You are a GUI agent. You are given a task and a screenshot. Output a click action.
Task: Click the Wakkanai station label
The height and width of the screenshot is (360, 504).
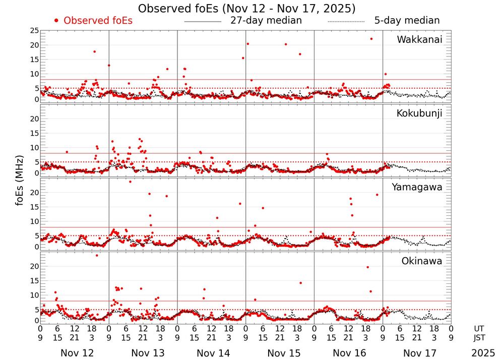tap(419, 40)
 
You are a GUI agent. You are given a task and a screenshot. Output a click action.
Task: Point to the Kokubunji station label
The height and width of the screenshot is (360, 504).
tap(418, 113)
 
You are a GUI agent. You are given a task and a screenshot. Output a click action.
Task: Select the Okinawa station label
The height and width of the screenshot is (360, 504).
tap(421, 261)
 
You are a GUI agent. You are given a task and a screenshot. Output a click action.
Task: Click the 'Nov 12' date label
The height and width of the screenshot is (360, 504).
tap(77, 353)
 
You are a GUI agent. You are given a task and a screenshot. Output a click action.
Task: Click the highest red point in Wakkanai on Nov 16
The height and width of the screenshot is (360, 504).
tap(371, 39)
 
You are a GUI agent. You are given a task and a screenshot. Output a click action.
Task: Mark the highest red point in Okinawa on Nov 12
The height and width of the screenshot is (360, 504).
tap(97, 255)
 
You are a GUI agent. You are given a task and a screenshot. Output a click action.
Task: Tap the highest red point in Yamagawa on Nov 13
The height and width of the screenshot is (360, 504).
tap(130, 182)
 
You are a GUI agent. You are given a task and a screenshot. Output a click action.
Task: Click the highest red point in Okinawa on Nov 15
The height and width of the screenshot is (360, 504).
tap(300, 283)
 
